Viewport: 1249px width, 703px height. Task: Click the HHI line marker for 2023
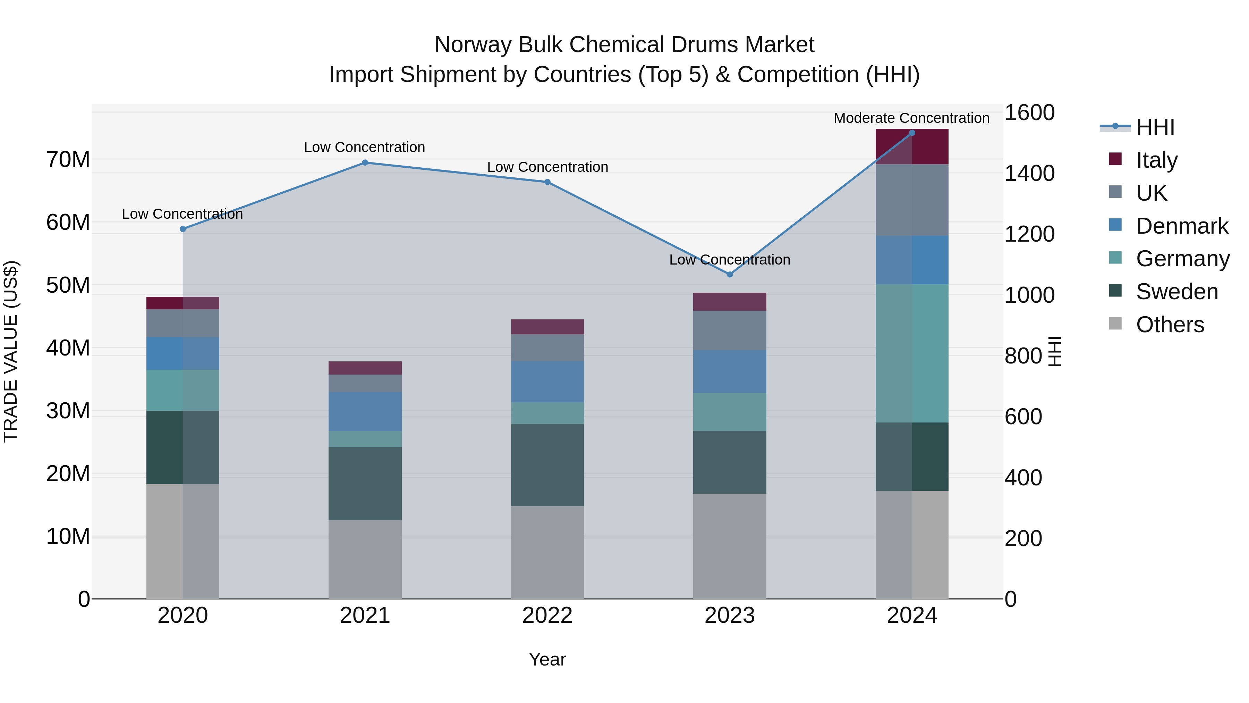[x=729, y=274]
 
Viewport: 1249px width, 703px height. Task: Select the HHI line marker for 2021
[x=365, y=162]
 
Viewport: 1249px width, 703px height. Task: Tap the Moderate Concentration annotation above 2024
[x=911, y=118]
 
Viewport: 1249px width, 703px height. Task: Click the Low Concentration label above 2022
[x=547, y=167]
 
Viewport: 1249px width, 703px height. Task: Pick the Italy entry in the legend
[x=1156, y=160]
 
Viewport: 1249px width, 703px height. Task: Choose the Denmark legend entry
[x=1182, y=226]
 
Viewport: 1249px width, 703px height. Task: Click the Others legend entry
[x=1170, y=324]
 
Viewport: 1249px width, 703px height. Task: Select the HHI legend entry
[x=1155, y=127]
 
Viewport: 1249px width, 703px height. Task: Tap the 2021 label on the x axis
[x=365, y=615]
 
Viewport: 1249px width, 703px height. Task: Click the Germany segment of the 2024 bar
[x=911, y=353]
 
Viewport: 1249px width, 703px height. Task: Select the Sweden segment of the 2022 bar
[x=547, y=465]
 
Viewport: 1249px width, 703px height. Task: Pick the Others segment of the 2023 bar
[x=729, y=546]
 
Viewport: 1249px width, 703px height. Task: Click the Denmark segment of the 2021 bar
[x=365, y=411]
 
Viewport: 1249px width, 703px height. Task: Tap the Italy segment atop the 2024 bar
[x=911, y=147]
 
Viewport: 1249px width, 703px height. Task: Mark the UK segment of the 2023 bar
[x=729, y=330]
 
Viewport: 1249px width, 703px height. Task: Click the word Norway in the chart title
[x=473, y=45]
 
